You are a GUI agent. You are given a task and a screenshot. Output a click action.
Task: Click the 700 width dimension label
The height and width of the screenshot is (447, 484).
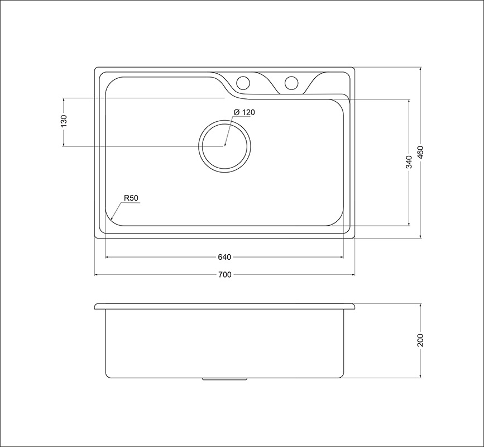[224, 274]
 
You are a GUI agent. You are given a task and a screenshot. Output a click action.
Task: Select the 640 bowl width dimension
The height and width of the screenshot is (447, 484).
[224, 257]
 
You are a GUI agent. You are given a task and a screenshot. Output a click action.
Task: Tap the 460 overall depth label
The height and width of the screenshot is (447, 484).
[420, 153]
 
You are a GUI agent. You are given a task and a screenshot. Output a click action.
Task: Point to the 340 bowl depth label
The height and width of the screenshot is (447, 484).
[409, 162]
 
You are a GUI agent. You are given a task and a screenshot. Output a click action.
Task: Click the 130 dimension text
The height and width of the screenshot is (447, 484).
[64, 121]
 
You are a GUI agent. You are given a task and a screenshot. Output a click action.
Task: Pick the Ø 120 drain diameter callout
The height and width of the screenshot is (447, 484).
[244, 112]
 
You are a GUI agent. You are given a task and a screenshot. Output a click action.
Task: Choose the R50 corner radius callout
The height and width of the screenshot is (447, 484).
[131, 198]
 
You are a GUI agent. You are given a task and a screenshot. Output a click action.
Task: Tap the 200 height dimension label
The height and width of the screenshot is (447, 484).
[420, 340]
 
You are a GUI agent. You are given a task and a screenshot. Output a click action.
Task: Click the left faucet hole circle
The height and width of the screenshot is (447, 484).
[243, 82]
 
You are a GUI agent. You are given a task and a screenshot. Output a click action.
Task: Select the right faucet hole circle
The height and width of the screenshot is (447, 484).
[291, 82]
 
